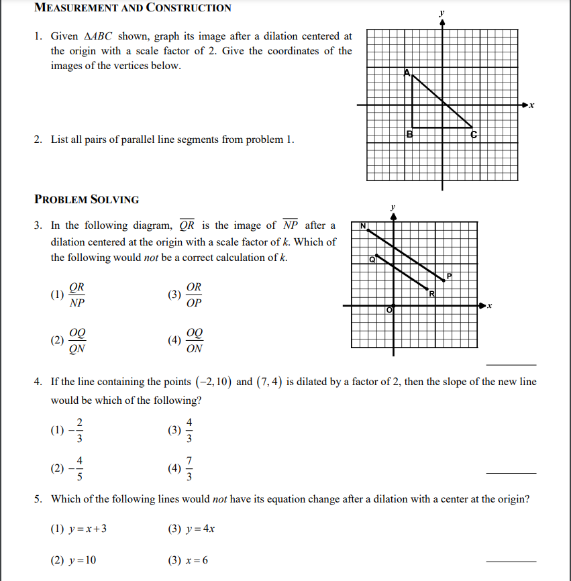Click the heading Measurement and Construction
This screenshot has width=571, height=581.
tap(132, 8)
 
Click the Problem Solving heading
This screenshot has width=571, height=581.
tap(87, 199)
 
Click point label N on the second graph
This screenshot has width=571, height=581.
tap(363, 227)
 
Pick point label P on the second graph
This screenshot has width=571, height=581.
tap(450, 276)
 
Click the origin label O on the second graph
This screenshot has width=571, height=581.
tap(388, 310)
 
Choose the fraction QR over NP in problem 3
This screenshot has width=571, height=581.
tap(77, 295)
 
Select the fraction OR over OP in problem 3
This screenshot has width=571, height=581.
tap(194, 295)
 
